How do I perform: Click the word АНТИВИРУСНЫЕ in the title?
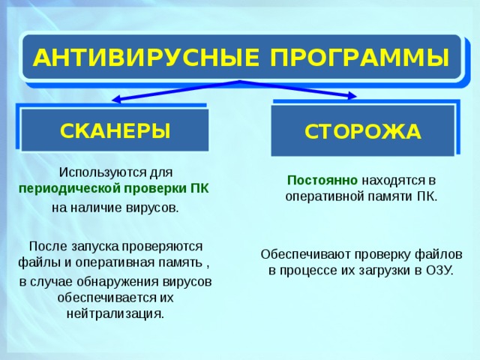139,57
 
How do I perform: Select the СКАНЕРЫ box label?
115,130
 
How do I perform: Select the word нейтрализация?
115,313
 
